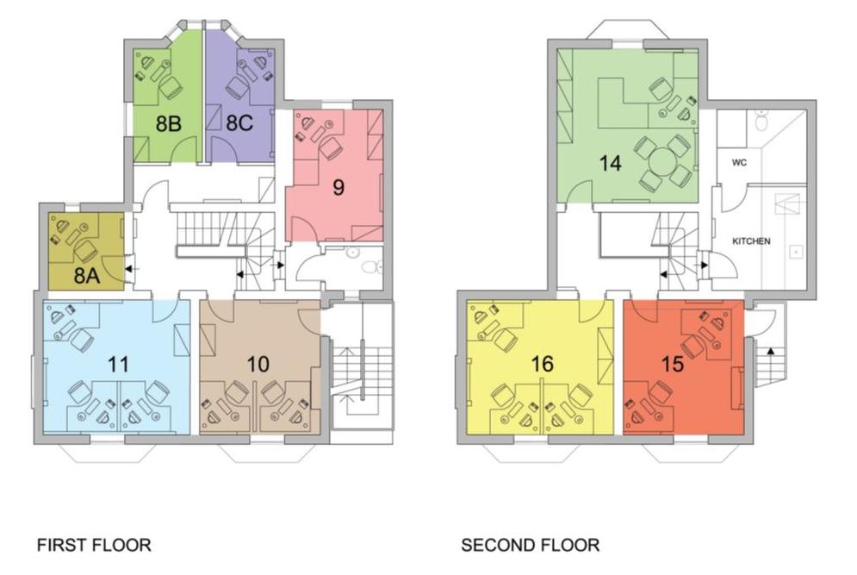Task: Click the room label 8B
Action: point(169,123)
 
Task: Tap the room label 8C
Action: point(239,123)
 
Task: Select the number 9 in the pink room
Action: point(338,187)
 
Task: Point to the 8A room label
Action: point(84,276)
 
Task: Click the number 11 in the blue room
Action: point(120,363)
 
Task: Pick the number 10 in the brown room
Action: point(257,364)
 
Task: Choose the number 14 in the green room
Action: point(611,163)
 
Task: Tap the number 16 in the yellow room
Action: point(542,364)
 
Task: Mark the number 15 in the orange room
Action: point(673,364)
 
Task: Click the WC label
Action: point(738,162)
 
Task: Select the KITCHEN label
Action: point(751,242)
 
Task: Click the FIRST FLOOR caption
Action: point(94,545)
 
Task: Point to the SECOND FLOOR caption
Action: point(531,545)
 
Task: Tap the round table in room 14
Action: point(664,161)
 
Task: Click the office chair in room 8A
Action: point(84,251)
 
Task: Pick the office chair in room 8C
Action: point(237,88)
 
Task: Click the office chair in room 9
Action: point(329,147)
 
